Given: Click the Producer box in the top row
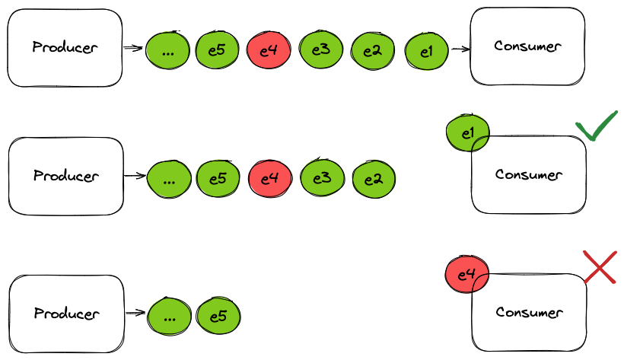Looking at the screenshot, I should click(65, 46).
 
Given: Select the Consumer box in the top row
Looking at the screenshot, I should click(527, 46).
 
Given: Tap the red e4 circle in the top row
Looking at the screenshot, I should click(268, 50).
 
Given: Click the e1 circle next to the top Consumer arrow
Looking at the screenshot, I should click(426, 50).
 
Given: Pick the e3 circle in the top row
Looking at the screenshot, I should click(320, 50).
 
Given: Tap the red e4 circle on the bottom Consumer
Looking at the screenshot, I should click(466, 272).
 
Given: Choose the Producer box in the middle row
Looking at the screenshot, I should click(65, 176).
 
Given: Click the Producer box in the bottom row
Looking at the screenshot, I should click(65, 314).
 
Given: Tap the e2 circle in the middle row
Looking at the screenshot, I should click(373, 180).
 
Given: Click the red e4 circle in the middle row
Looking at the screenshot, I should click(269, 180).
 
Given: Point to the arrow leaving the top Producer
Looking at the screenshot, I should click(133, 49).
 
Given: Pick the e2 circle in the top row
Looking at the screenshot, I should click(372, 50).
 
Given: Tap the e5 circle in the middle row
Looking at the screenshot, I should click(218, 180).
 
